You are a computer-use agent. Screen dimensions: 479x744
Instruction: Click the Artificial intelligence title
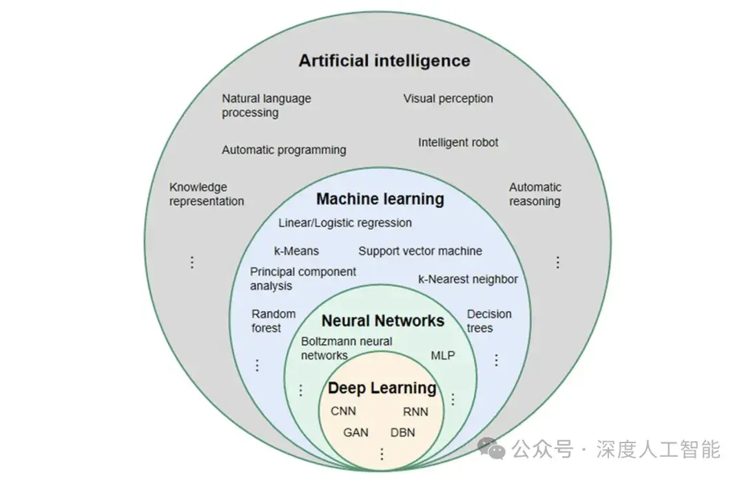(x=384, y=61)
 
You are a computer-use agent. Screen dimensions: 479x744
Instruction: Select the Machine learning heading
(x=380, y=200)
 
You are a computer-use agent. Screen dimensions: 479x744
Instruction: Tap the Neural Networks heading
(x=382, y=321)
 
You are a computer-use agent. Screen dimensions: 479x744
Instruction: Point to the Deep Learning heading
(x=382, y=388)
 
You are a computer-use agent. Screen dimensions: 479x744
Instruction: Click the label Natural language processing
(x=266, y=105)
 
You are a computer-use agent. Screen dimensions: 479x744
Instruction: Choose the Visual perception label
(x=448, y=98)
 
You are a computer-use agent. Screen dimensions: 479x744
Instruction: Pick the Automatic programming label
(x=284, y=149)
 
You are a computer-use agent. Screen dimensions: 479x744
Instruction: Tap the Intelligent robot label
(x=458, y=142)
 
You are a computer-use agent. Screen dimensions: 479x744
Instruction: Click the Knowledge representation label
(x=207, y=194)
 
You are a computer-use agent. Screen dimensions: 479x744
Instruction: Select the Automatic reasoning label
(x=535, y=194)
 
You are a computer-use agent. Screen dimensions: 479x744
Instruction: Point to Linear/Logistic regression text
(x=345, y=223)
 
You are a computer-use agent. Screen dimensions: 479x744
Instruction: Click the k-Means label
(x=296, y=251)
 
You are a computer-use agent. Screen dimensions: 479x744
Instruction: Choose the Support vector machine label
(x=420, y=251)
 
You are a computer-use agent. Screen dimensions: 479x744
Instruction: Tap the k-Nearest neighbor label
(x=468, y=279)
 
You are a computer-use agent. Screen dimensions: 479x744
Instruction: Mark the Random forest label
(x=273, y=321)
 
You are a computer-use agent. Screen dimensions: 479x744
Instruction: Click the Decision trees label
(x=489, y=321)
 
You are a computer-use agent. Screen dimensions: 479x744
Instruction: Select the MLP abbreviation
(x=442, y=356)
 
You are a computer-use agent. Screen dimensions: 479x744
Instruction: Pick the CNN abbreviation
(x=344, y=412)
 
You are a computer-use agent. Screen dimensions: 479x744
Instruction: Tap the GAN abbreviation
(x=356, y=433)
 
